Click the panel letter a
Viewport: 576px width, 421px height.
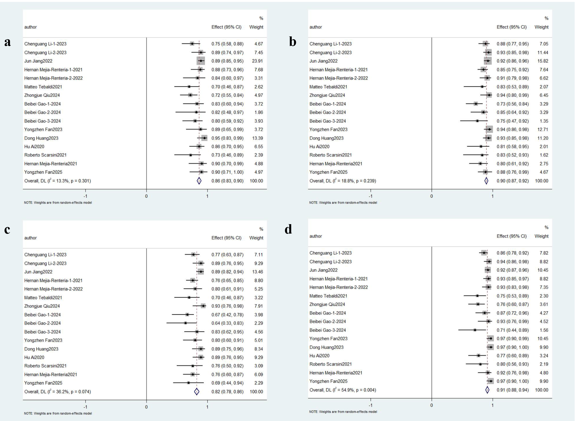pyautogui.click(x=8, y=42)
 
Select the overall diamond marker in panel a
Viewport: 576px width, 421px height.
pyautogui.click(x=199, y=181)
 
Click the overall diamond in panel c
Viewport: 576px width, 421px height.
pyautogui.click(x=196, y=391)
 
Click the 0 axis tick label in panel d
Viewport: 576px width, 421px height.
pyautogui.click(x=432, y=405)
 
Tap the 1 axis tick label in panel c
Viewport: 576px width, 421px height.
pyautogui.click(x=207, y=407)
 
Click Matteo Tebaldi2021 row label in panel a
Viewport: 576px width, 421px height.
pyautogui.click(x=43, y=87)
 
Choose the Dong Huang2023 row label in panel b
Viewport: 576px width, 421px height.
pyautogui.click(x=326, y=138)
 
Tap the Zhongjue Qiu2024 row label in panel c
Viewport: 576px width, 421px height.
pyautogui.click(x=42, y=306)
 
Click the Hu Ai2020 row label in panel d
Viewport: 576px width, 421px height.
pyautogui.click(x=319, y=356)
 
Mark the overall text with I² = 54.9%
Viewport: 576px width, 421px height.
pyautogui.click(x=343, y=390)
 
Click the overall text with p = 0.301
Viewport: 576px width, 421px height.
pyautogui.click(x=57, y=181)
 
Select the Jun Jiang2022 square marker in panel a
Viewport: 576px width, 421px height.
pyautogui.click(x=201, y=61)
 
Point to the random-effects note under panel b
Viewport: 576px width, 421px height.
pyautogui.click(x=343, y=203)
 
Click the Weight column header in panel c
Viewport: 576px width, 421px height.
pyautogui.click(x=256, y=238)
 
